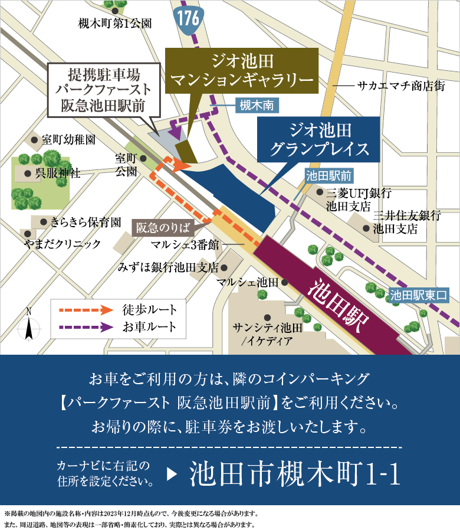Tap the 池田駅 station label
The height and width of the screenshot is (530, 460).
coord(339,305)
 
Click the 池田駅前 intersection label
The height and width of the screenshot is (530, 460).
coord(328,175)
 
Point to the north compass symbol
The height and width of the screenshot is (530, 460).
coord(28,325)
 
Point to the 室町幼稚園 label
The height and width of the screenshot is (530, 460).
coord(68,140)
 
